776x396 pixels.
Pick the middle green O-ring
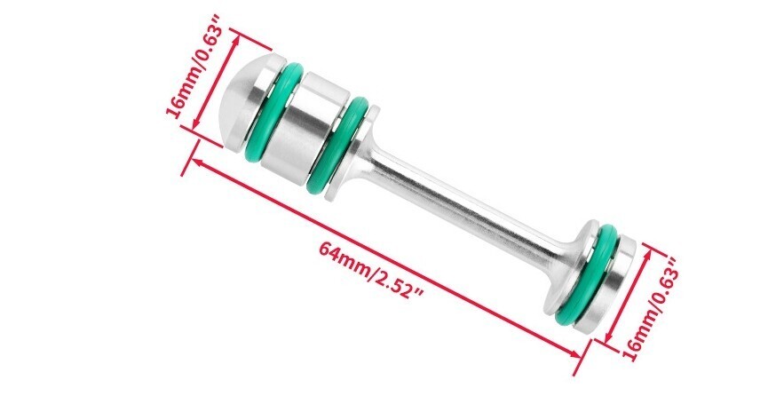[341, 147]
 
